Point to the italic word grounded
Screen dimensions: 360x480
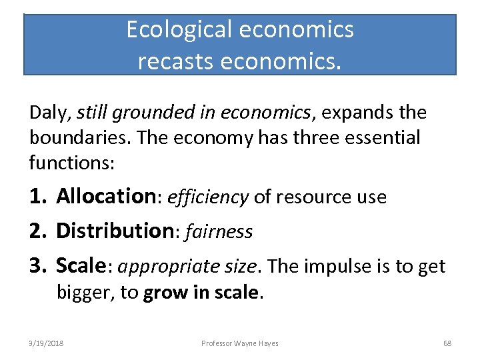(x=145, y=113)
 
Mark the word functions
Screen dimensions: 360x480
(x=61, y=162)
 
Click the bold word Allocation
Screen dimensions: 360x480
(x=106, y=197)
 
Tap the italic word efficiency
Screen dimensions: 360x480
(x=208, y=197)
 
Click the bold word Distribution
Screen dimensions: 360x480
(x=115, y=231)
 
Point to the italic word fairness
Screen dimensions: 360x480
(x=219, y=232)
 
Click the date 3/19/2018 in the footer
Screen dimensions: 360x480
(x=46, y=343)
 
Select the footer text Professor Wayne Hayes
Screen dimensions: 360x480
(x=240, y=343)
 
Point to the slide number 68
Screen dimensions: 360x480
(x=447, y=343)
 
